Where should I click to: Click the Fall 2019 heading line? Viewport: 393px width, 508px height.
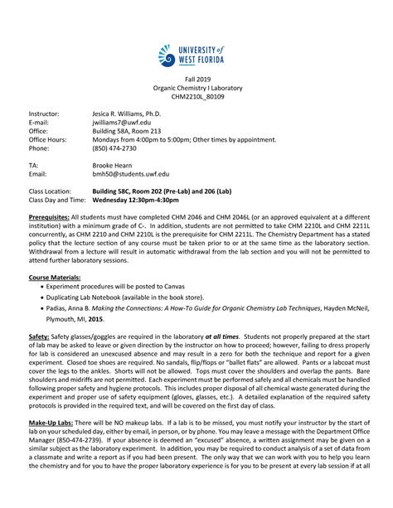pos(196,78)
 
